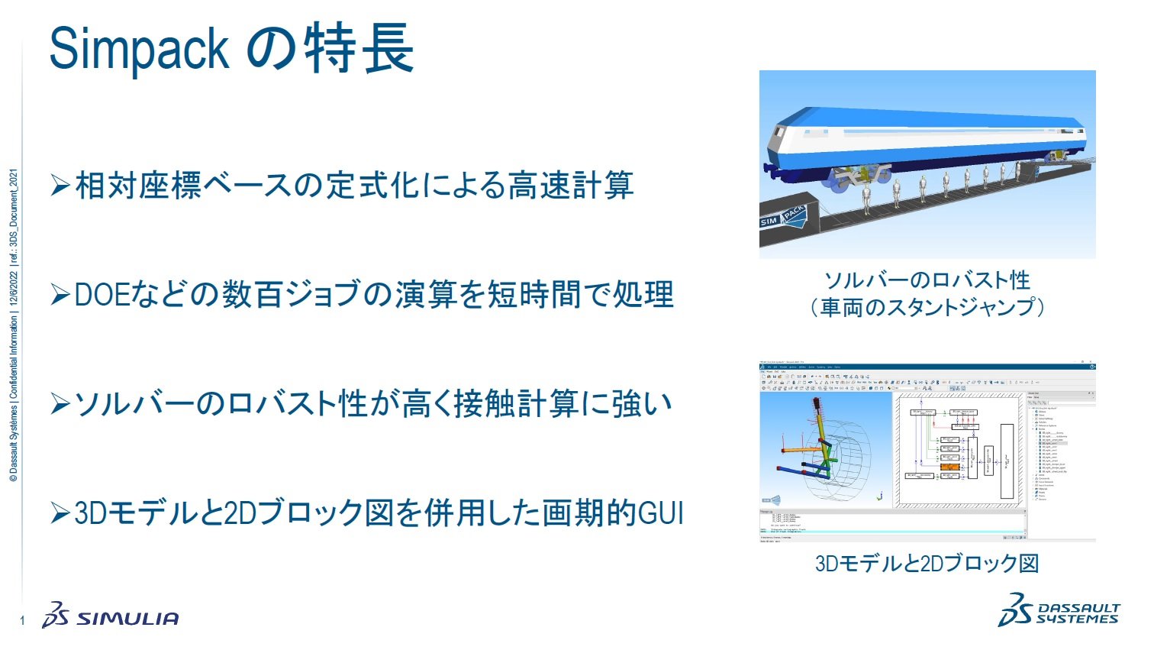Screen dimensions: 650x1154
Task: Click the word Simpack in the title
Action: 139,50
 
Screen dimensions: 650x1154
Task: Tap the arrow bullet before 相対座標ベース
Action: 60,186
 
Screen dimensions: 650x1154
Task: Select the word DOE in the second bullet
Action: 102,295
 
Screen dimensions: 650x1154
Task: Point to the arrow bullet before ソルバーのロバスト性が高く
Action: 60,404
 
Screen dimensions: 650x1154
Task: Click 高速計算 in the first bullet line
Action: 571,186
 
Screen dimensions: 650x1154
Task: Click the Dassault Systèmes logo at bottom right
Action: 1058,610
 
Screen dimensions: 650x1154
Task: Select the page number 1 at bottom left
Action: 22,620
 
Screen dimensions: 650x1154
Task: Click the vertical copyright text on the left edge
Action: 13,325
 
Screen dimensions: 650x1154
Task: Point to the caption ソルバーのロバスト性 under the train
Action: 927,280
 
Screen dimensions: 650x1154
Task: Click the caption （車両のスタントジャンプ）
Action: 927,307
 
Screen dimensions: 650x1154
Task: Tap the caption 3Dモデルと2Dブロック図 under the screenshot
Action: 927,564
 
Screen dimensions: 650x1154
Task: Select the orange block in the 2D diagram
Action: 949,466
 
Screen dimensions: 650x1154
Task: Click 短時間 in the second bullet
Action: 533,295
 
